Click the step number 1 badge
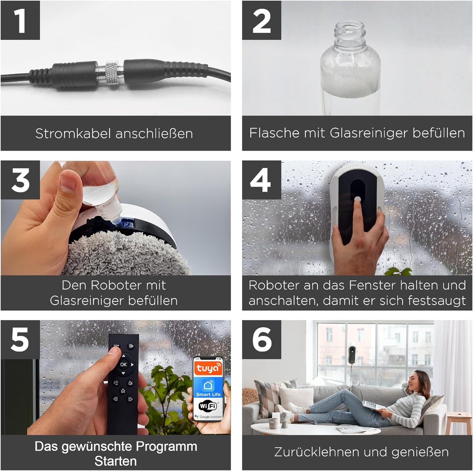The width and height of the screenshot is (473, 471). (20, 20)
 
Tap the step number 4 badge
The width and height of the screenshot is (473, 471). (261, 180)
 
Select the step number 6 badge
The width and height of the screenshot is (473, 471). (261, 339)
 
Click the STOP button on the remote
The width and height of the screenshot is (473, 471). (116, 346)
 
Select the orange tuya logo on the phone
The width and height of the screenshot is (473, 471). (208, 368)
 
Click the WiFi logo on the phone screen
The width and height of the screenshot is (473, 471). (208, 406)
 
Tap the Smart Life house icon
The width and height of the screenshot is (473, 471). (208, 385)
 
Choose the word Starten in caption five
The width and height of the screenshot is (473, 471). (115, 461)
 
